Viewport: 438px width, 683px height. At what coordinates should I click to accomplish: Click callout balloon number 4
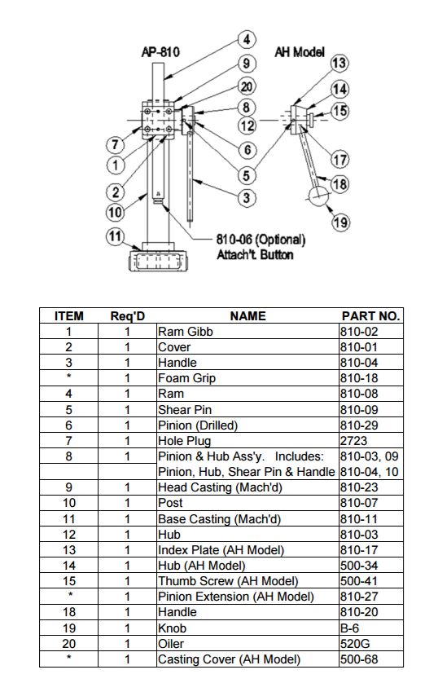pyautogui.click(x=247, y=40)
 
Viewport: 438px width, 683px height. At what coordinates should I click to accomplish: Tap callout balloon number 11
pyautogui.click(x=115, y=236)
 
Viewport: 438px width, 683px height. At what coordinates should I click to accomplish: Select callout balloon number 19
pyautogui.click(x=340, y=223)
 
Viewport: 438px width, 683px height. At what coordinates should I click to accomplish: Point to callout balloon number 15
pyautogui.click(x=340, y=111)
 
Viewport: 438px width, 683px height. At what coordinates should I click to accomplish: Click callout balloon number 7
pyautogui.click(x=116, y=144)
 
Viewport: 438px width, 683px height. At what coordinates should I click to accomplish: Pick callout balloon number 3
pyautogui.click(x=247, y=198)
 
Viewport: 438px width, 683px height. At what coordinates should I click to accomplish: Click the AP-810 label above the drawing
pyautogui.click(x=160, y=52)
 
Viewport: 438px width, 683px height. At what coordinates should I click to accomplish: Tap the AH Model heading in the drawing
pyautogui.click(x=300, y=52)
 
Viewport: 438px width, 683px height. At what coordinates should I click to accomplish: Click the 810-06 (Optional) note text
pyautogui.click(x=261, y=239)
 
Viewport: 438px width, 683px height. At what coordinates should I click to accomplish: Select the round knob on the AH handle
pyautogui.click(x=319, y=197)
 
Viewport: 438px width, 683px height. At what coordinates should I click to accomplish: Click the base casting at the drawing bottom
pyautogui.click(x=158, y=260)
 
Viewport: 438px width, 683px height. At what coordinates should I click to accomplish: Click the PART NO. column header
pyautogui.click(x=370, y=315)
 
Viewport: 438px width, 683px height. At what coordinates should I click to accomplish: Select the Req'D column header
pyautogui.click(x=128, y=315)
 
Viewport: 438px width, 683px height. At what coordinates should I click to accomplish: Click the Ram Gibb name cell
pyautogui.click(x=186, y=332)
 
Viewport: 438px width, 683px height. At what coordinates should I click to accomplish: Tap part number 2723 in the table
pyautogui.click(x=353, y=441)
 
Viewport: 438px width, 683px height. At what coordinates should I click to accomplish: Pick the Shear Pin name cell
pyautogui.click(x=185, y=410)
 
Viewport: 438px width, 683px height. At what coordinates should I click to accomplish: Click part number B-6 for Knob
pyautogui.click(x=350, y=628)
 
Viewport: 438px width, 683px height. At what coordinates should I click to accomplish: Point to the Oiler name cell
pyautogui.click(x=171, y=644)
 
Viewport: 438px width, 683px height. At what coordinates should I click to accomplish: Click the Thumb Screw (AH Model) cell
pyautogui.click(x=228, y=581)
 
